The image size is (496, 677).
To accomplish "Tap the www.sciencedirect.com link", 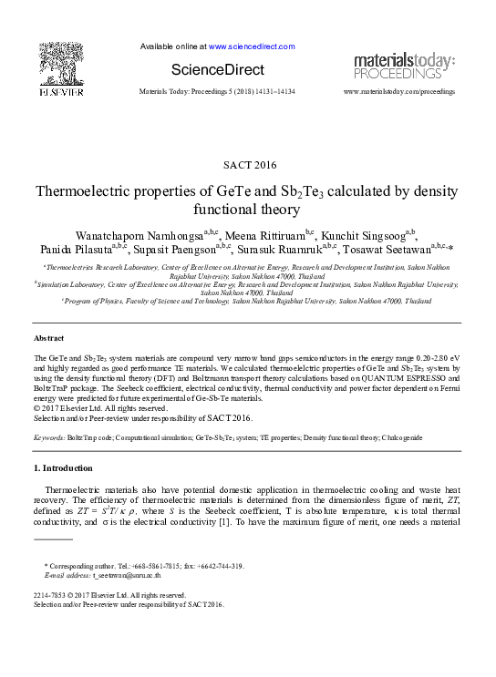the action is [252, 46].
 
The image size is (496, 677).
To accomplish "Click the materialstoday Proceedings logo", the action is [403, 66].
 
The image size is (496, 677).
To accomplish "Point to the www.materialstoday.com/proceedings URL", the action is [398, 92].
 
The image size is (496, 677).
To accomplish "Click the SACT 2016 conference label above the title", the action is [248, 165].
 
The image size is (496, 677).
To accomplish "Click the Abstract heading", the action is [48, 338].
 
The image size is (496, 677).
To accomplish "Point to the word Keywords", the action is [48, 438].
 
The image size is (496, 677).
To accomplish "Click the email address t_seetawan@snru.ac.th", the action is [127, 576].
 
